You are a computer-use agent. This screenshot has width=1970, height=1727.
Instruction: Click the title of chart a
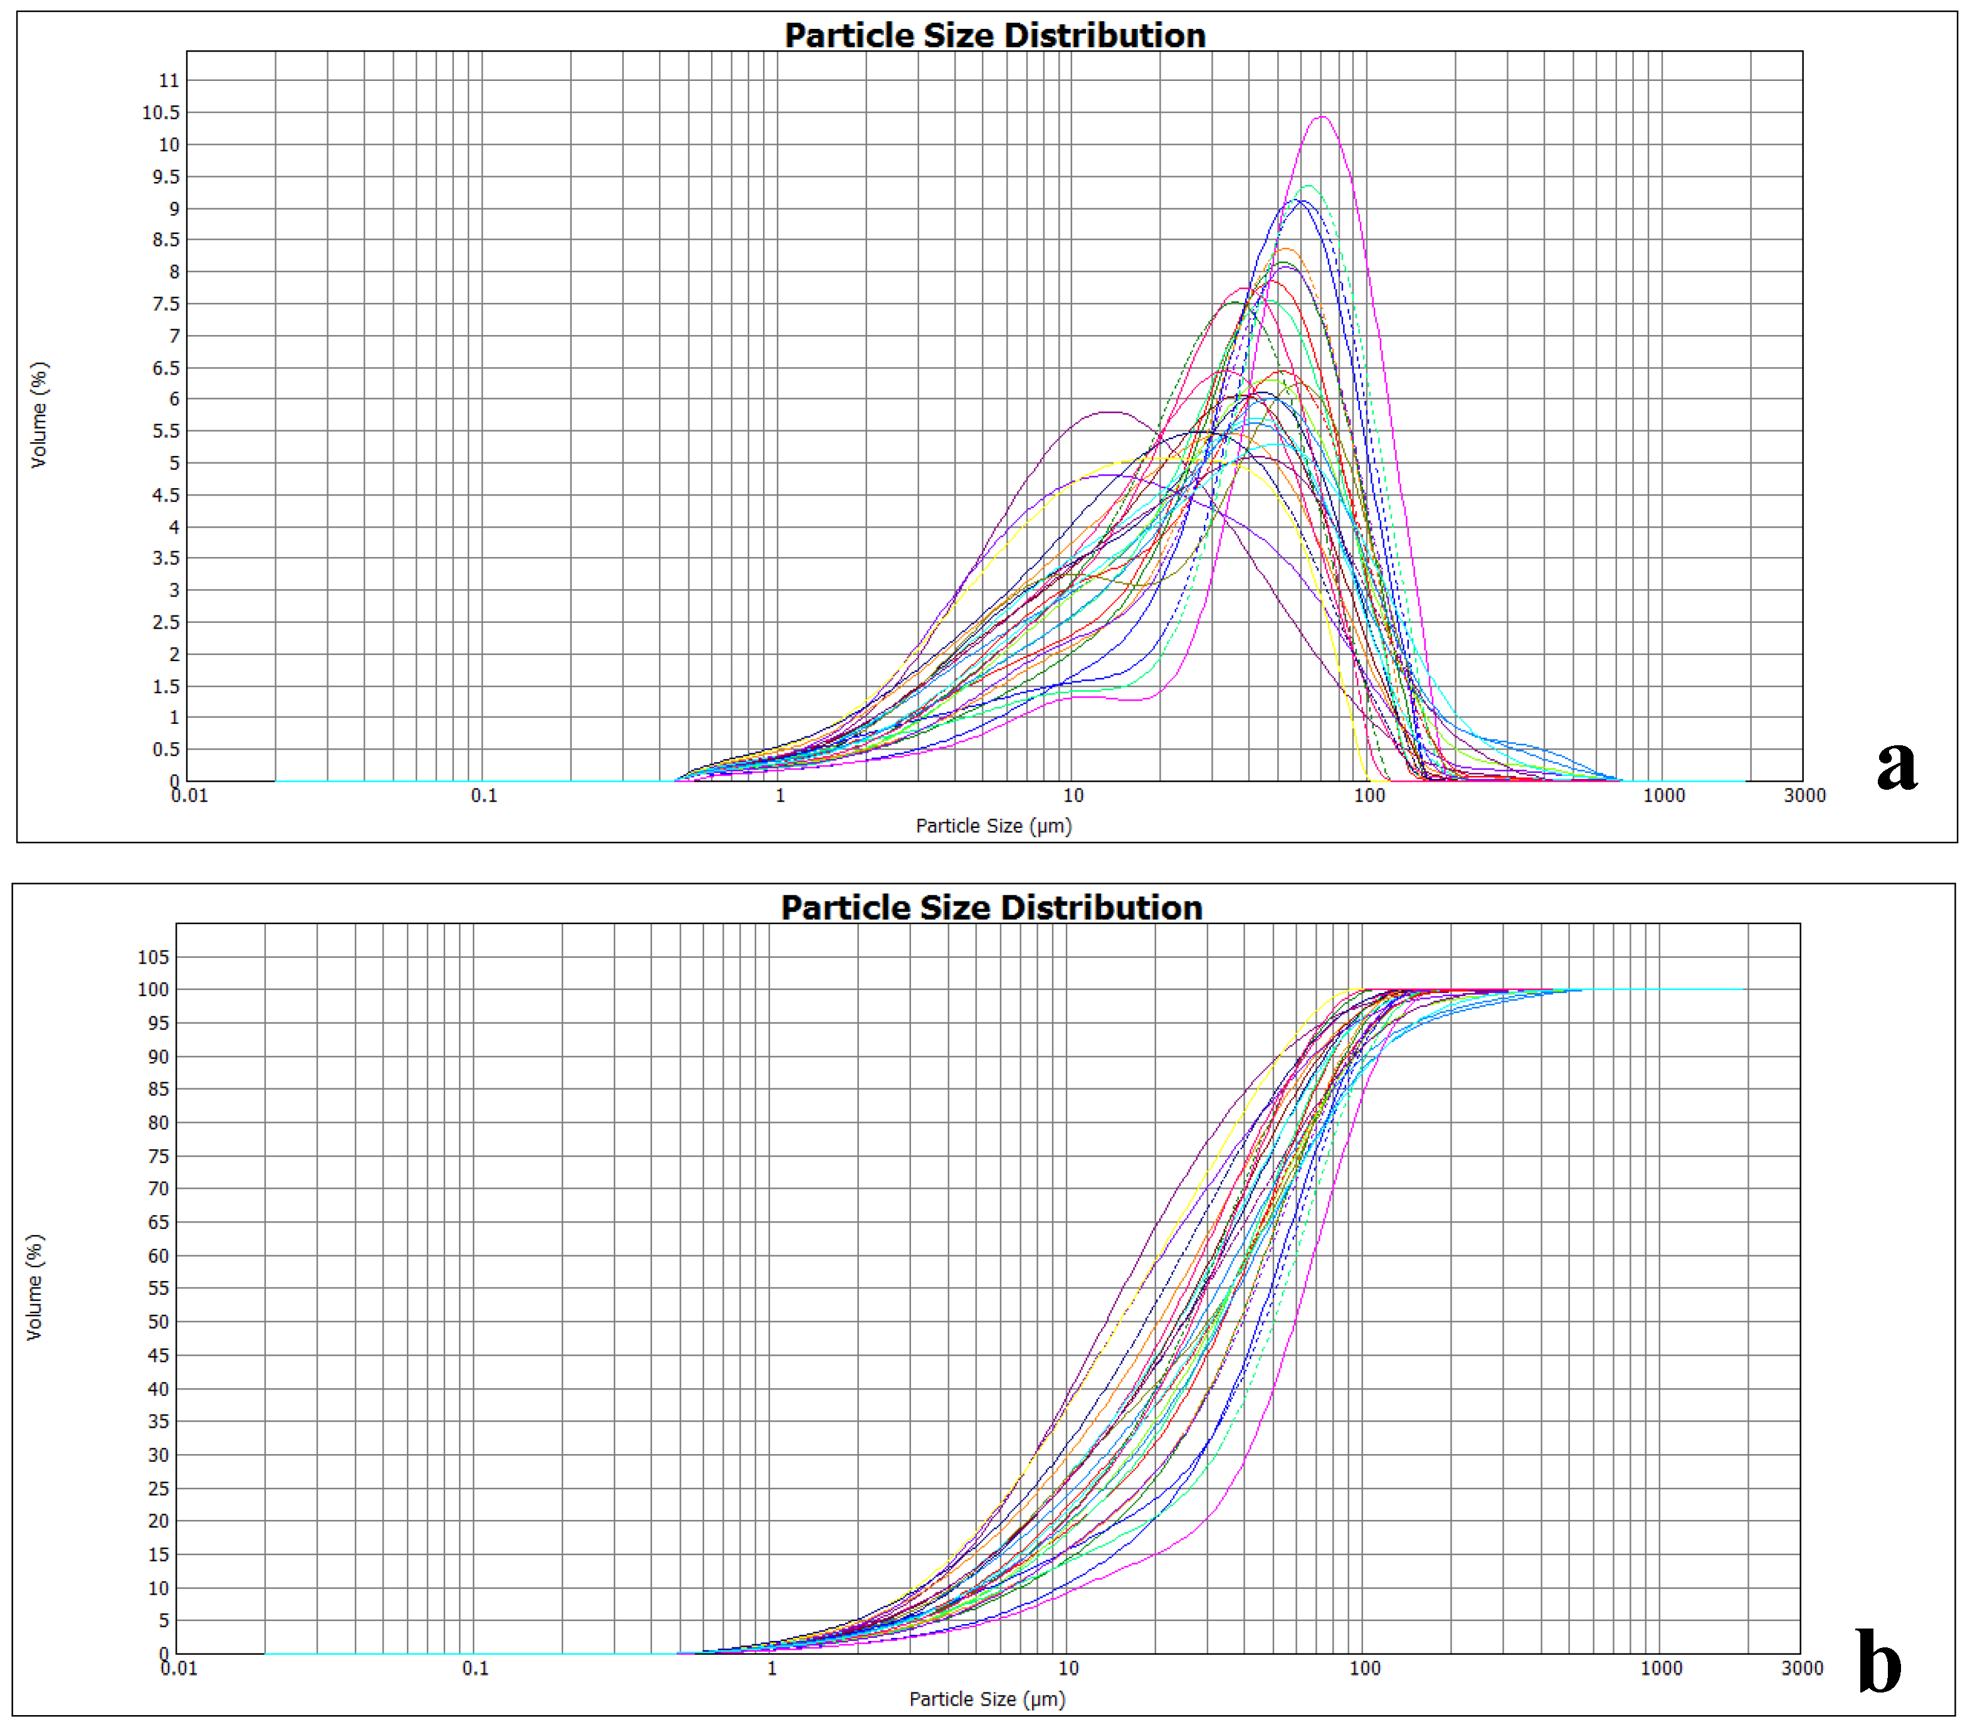coord(994,36)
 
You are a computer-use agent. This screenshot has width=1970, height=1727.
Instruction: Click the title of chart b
coord(991,908)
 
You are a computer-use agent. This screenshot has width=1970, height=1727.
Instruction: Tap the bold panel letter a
coord(1896,766)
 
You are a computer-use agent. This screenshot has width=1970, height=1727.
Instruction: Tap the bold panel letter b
coord(1878,1662)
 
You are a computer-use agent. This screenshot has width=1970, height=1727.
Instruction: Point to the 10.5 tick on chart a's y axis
coord(161,113)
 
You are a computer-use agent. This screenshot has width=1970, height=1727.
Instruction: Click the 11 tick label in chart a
coord(169,81)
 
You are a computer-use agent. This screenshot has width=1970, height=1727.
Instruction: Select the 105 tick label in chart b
coord(153,957)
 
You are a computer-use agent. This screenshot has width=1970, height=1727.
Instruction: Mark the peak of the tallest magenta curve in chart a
coord(1322,117)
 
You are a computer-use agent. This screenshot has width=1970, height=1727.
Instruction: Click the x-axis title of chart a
coord(993,826)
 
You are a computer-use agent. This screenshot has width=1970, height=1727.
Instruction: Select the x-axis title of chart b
coord(986,1699)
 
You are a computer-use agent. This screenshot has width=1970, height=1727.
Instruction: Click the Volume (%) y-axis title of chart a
coord(38,415)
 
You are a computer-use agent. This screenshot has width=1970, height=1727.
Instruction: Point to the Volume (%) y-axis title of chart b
coord(34,1287)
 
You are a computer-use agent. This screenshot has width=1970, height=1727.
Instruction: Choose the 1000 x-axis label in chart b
coord(1661,1668)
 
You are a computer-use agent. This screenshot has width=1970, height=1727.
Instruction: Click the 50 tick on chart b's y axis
coord(158,1322)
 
